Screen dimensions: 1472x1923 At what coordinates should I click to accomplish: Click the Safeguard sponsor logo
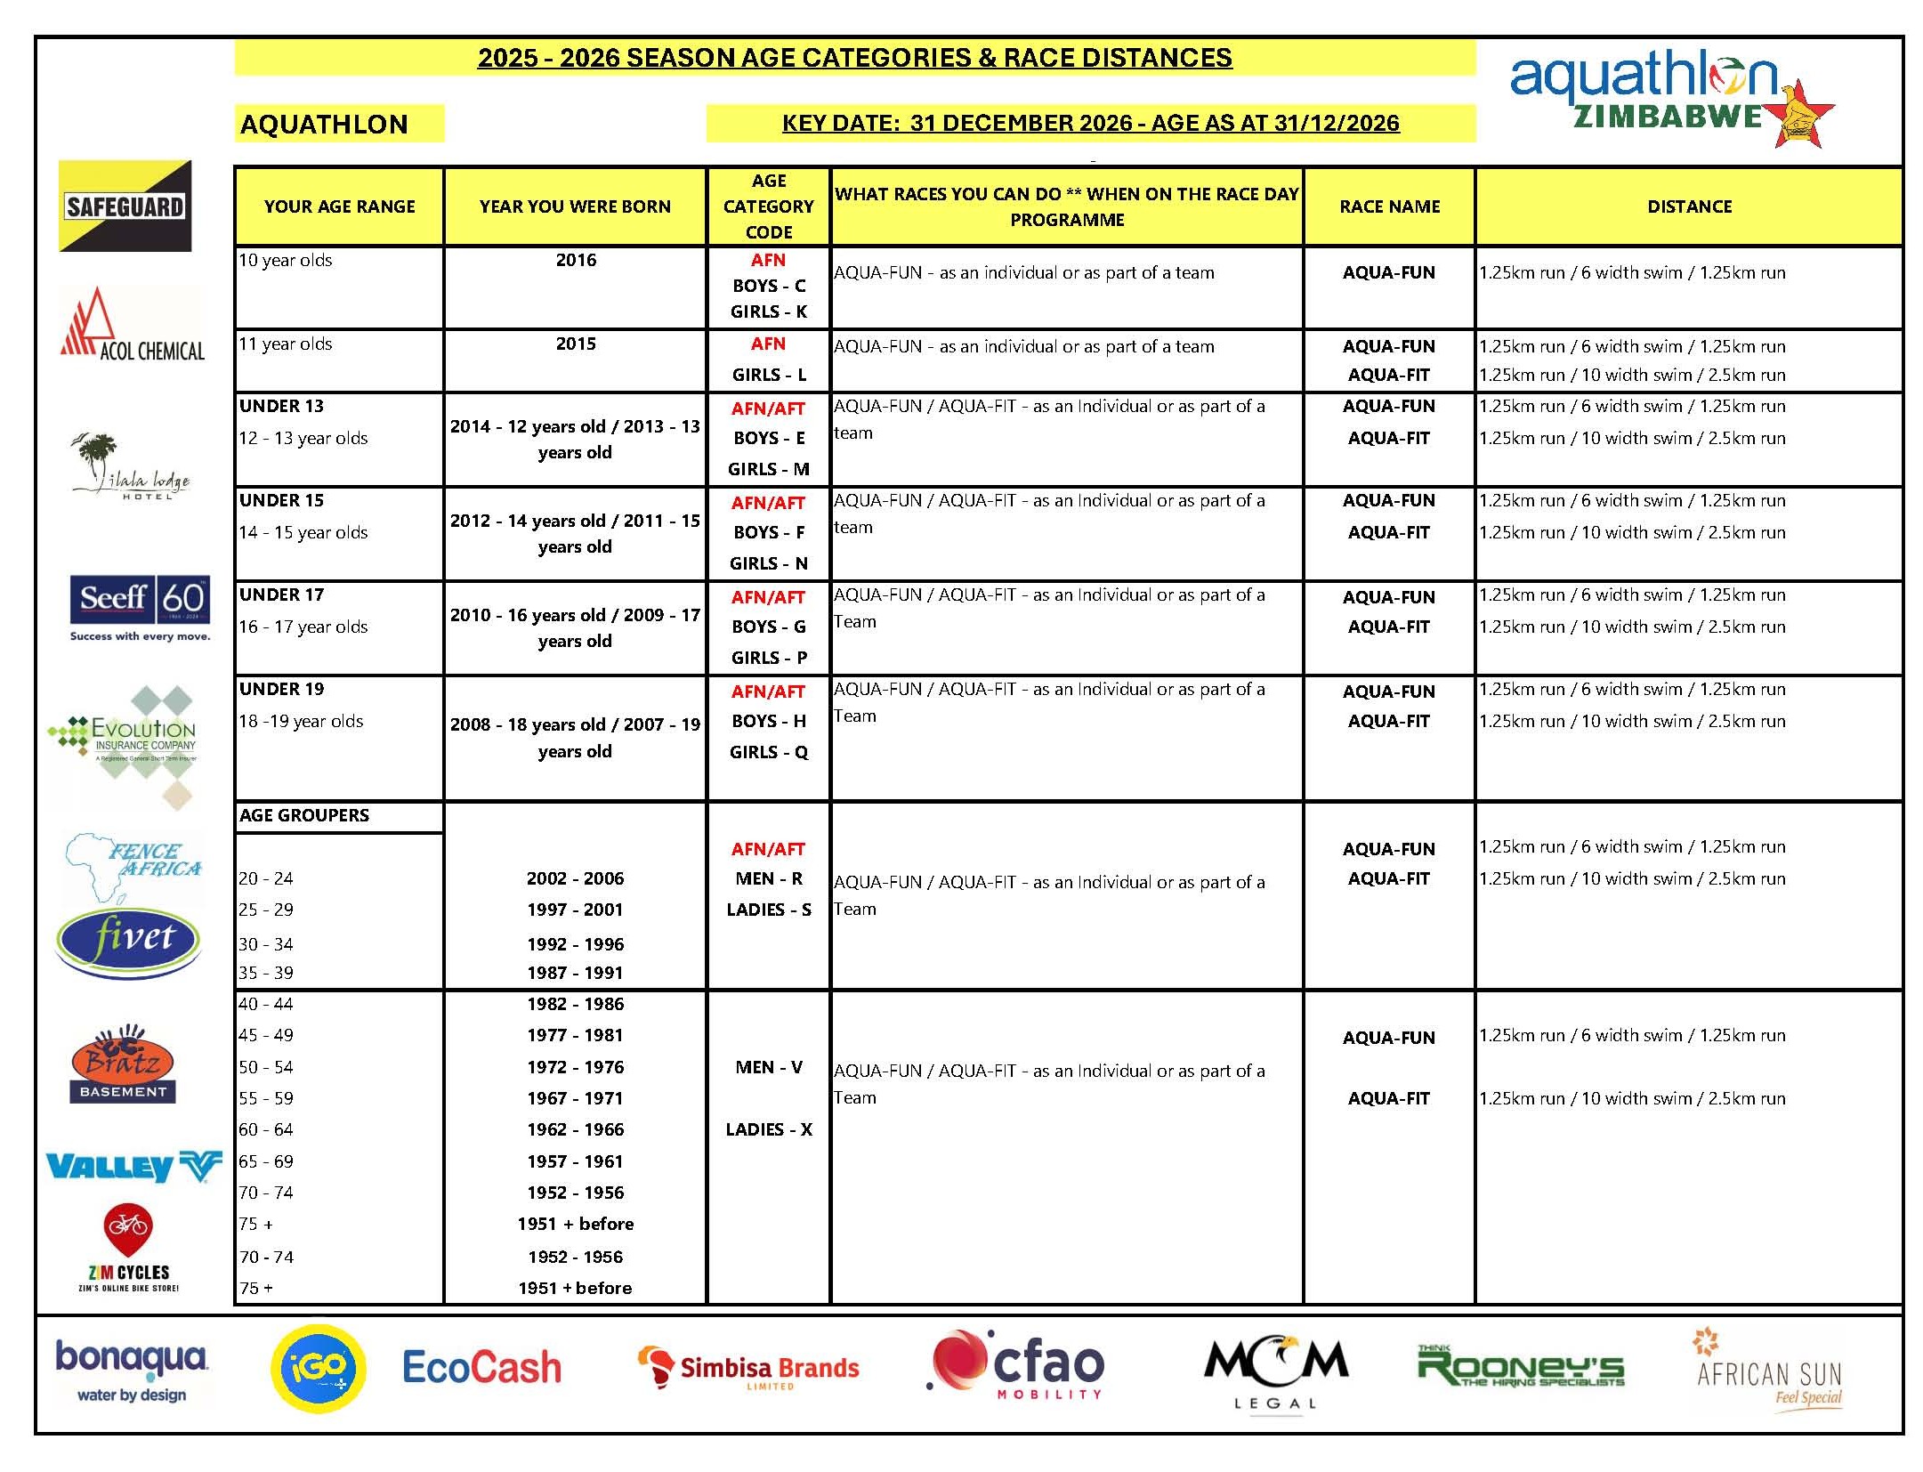125,206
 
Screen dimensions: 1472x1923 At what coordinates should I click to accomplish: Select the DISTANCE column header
1688,206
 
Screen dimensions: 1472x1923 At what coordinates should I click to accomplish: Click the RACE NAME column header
1389,206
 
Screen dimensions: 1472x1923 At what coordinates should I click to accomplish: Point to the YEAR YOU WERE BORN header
575,206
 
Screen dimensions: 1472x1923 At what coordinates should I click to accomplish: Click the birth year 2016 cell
576,260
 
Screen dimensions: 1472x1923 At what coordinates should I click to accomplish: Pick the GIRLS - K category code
768,311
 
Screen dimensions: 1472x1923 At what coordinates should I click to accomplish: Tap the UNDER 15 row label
282,500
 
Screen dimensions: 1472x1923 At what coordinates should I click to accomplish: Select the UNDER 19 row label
282,689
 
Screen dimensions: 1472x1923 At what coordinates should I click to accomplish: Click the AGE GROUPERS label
304,815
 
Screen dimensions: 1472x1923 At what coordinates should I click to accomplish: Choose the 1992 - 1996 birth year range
575,943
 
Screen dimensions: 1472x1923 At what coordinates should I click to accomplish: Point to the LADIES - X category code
768,1129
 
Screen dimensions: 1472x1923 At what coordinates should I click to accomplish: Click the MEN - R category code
768,878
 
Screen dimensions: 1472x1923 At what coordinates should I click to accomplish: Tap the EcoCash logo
481,1368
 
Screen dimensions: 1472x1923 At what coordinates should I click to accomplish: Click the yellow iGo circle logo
318,1368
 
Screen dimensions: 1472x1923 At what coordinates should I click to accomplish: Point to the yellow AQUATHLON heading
325,124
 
